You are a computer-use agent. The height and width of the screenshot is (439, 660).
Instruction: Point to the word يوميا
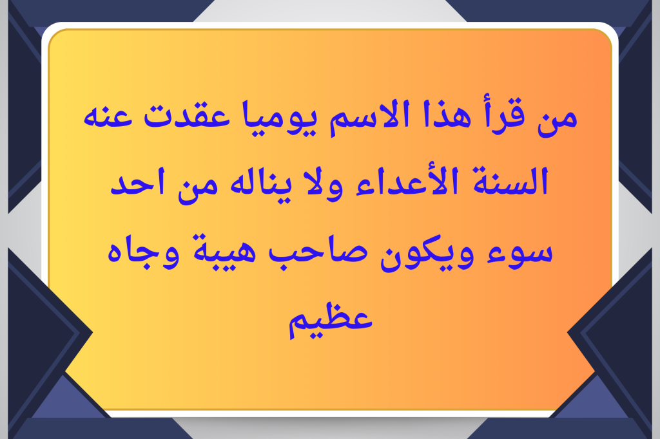[280, 118]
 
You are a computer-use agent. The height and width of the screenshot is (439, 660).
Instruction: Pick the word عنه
[108, 116]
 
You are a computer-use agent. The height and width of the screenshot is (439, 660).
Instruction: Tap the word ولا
[325, 184]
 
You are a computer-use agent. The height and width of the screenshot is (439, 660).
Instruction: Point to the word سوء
[519, 252]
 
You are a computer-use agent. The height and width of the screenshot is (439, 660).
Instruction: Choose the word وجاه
[143, 253]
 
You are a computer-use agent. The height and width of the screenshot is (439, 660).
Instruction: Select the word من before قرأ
[557, 120]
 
